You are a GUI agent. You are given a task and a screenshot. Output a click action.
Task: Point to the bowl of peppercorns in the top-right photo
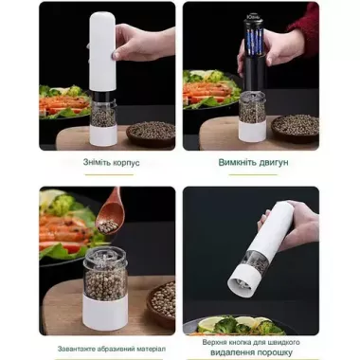[296, 125]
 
